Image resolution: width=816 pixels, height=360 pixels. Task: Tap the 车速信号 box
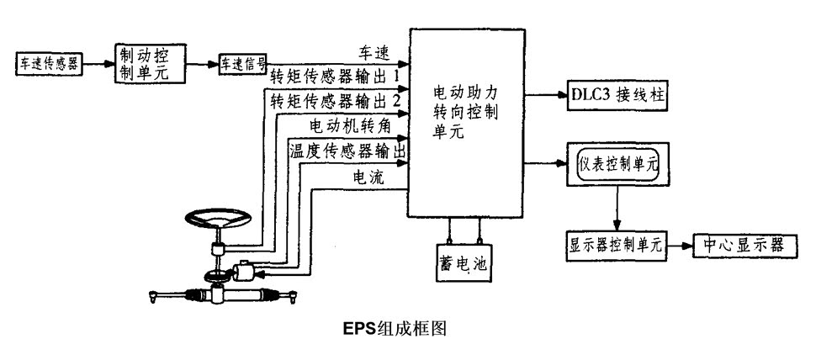(x=243, y=64)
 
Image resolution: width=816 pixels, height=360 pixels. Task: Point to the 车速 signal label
(x=375, y=52)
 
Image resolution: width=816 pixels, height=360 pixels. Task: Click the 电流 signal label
(x=370, y=177)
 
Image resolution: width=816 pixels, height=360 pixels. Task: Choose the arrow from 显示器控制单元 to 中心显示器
(x=679, y=245)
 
